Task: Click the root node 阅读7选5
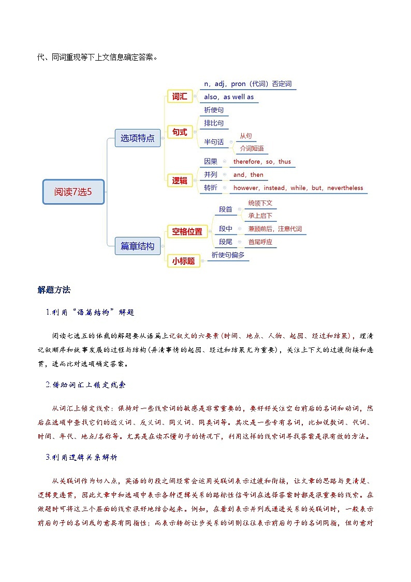(74, 192)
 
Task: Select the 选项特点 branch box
(137, 138)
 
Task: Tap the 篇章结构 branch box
(137, 246)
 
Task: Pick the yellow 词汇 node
(180, 96)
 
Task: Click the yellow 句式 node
(180, 132)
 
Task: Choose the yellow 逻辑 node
(180, 180)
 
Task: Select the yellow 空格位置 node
(187, 232)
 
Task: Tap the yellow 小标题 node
(183, 261)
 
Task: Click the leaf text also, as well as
(229, 97)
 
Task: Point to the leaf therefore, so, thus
(262, 162)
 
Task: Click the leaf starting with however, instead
(298, 188)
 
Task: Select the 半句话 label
(214, 142)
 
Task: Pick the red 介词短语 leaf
(252, 148)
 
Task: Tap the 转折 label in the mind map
(211, 188)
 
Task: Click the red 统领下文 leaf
(260, 203)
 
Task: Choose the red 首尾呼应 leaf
(260, 242)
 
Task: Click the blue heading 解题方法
(54, 289)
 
